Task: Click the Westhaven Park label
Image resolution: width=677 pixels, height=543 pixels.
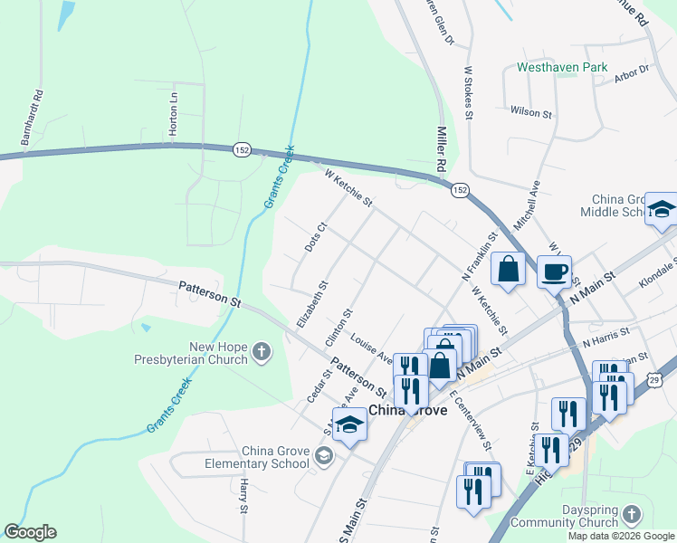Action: click(562, 67)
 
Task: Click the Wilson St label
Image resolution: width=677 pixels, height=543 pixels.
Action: click(530, 112)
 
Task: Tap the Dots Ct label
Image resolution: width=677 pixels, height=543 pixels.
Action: click(315, 239)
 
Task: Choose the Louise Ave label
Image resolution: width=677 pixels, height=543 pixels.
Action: click(371, 348)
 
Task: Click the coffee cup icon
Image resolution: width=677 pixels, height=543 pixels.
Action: click(554, 271)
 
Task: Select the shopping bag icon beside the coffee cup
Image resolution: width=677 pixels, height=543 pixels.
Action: click(509, 269)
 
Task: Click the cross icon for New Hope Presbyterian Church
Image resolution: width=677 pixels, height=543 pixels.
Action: click(262, 351)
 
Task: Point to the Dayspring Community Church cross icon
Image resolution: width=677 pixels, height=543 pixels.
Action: click(632, 514)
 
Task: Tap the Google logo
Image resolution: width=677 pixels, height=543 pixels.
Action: click(30, 531)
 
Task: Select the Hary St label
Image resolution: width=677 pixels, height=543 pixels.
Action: click(243, 497)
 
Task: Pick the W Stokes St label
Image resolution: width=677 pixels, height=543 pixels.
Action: click(468, 91)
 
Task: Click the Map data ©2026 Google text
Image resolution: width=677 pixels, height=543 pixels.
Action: click(620, 536)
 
